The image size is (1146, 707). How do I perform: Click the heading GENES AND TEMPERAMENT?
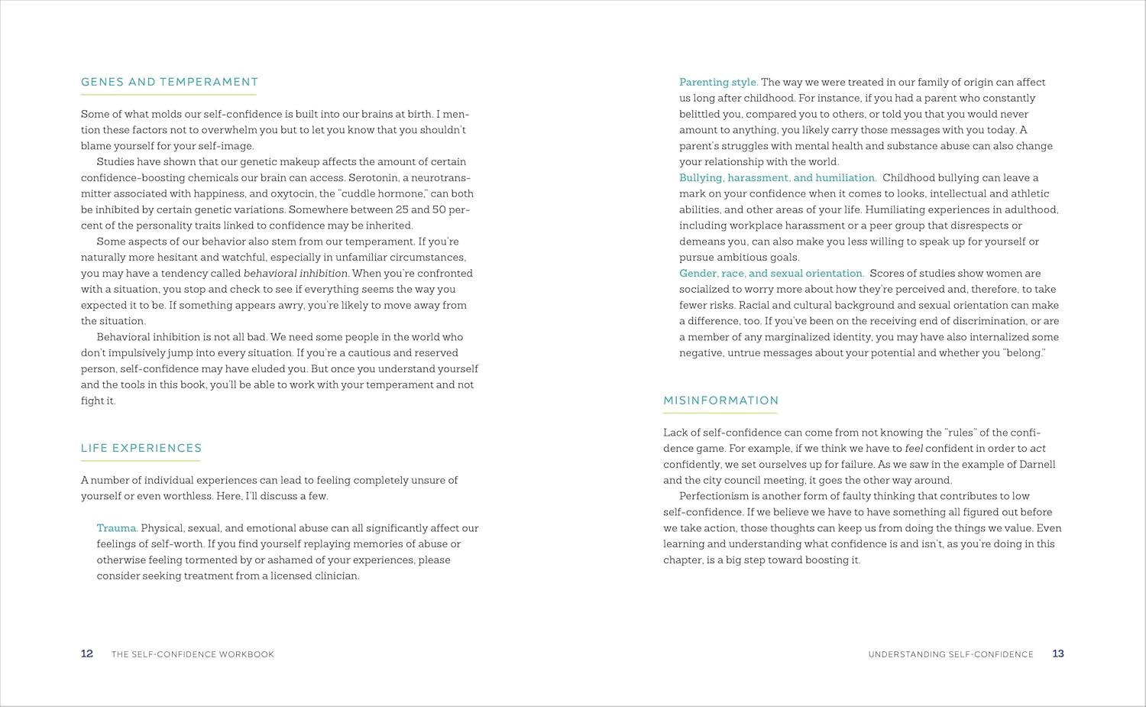[170, 82]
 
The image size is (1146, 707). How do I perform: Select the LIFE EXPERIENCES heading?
[141, 448]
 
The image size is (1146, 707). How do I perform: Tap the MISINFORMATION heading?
[721, 401]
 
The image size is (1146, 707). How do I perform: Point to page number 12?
[87, 653]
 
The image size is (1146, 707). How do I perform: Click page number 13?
[1058, 653]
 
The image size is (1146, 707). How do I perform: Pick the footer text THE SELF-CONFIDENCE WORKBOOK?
[193, 654]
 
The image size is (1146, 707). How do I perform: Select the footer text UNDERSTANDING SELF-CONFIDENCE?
[950, 654]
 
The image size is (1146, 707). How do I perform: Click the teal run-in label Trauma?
[117, 528]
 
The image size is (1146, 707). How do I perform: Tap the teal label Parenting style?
[718, 83]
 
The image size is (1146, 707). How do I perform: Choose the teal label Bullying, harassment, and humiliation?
[778, 178]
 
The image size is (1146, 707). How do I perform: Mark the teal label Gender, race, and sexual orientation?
[772, 274]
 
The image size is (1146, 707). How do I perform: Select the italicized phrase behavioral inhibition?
[296, 274]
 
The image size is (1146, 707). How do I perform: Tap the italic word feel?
[914, 449]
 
